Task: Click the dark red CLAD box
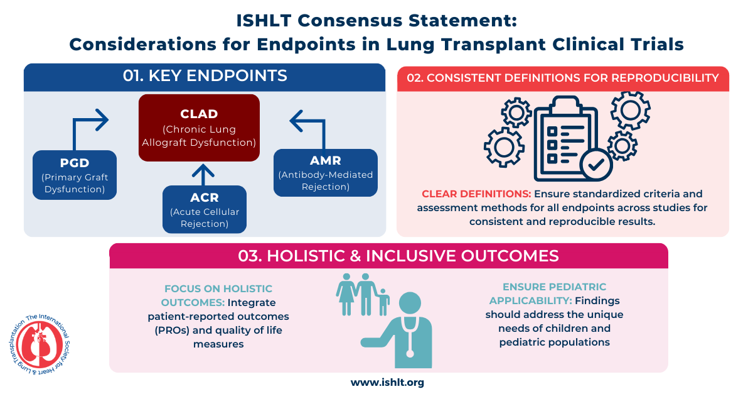click(x=199, y=128)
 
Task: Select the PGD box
click(x=75, y=175)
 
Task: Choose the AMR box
click(x=325, y=172)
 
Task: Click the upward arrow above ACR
click(x=203, y=173)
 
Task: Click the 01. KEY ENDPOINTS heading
click(x=205, y=77)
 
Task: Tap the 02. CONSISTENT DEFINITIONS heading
click(x=563, y=79)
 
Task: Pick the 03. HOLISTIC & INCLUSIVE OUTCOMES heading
click(x=389, y=256)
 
